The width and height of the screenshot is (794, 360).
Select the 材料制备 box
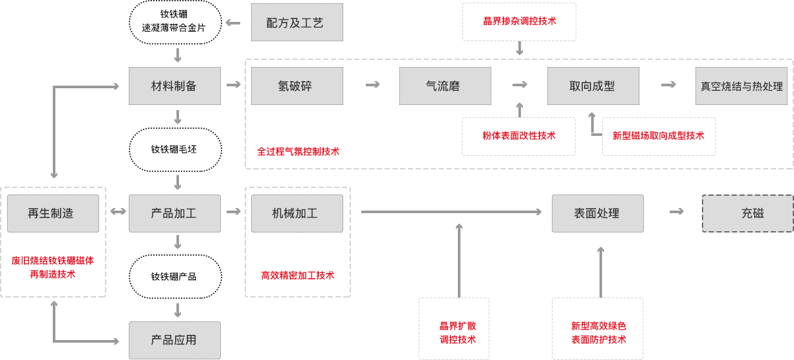(x=175, y=86)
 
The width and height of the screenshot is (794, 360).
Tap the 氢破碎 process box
(x=296, y=86)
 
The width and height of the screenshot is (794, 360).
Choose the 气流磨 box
(x=444, y=86)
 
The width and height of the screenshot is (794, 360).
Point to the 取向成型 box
(x=592, y=86)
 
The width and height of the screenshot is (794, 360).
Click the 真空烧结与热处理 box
(x=741, y=86)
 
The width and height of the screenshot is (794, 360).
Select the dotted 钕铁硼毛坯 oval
(x=175, y=149)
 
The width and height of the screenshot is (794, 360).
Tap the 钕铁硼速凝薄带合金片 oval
(x=175, y=23)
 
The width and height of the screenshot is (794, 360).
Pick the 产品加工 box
(x=175, y=213)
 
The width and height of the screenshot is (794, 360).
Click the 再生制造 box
(x=52, y=213)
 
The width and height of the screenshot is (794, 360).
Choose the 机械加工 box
(x=296, y=213)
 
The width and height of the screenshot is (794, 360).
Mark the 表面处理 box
(x=597, y=213)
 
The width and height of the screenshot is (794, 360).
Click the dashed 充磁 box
(x=747, y=213)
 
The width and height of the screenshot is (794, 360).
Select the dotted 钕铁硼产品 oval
(x=175, y=276)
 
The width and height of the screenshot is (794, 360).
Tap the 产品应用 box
(x=175, y=340)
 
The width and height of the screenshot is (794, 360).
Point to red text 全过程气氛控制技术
(x=298, y=151)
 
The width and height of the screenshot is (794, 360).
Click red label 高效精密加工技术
(x=298, y=275)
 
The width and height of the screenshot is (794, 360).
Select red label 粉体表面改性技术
(x=519, y=135)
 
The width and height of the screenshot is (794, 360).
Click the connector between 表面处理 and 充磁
(x=676, y=211)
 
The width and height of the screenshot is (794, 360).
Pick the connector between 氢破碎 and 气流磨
(x=372, y=84)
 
